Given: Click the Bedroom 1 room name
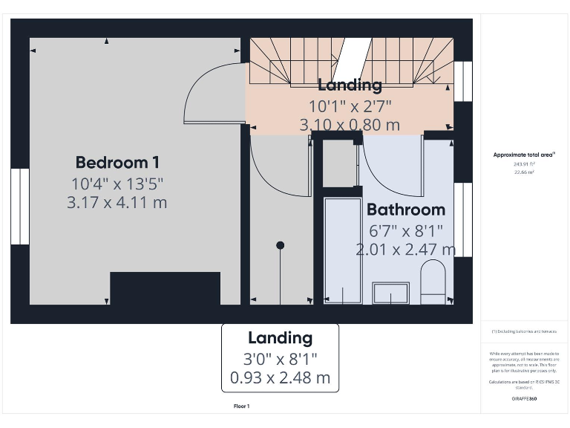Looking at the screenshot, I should (117, 162).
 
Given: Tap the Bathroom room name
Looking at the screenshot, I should (405, 209).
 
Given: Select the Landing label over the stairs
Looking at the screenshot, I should (350, 85).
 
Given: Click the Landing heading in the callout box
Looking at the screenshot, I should (280, 338).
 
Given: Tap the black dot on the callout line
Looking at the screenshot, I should (280, 245).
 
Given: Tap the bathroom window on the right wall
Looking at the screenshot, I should (463, 218).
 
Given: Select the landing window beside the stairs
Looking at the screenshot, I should (463, 81).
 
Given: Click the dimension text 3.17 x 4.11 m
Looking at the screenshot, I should (117, 201).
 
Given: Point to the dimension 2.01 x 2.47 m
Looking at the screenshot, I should (405, 249).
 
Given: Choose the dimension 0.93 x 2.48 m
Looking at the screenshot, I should (280, 377).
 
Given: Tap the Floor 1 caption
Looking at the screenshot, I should (241, 406).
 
